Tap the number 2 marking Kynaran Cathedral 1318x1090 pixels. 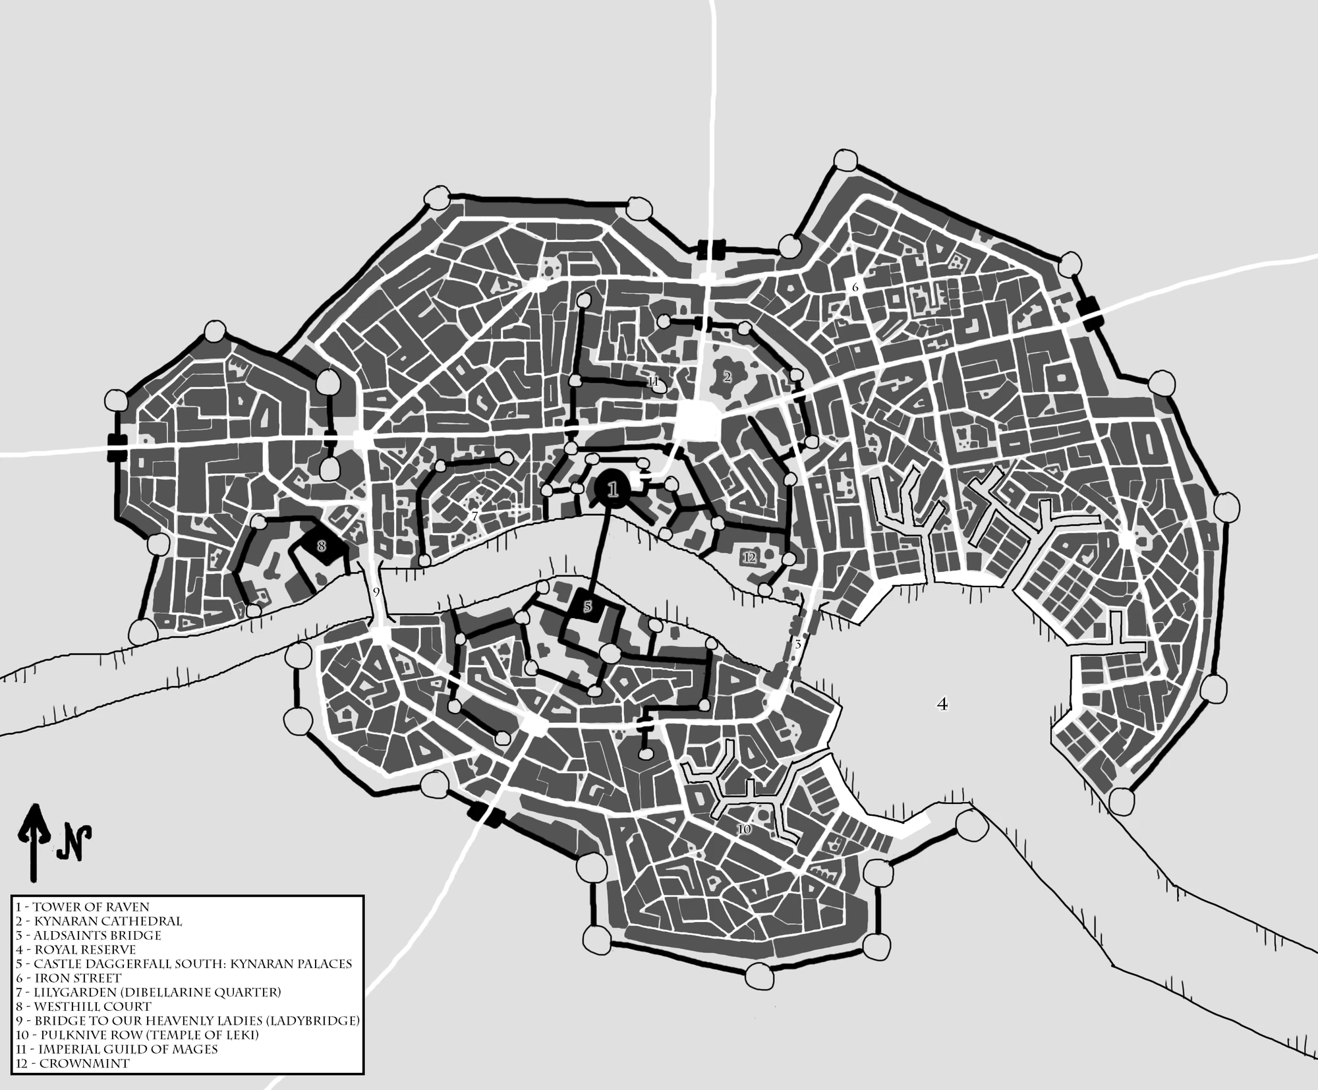727,378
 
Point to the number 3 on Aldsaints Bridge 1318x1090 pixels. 797,645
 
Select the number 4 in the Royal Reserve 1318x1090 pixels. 942,704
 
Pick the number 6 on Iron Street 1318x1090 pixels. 855,287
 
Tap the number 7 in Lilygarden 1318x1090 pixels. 474,516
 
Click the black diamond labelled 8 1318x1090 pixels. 322,546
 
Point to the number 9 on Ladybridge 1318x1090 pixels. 376,592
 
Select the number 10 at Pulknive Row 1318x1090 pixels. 743,830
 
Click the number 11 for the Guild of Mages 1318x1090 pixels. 652,382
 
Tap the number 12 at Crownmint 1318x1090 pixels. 749,558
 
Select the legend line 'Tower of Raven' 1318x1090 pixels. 82,907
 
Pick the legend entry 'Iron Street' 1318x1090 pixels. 69,978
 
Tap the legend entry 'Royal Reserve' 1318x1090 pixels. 76,950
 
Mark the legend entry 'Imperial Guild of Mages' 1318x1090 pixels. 117,1049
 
